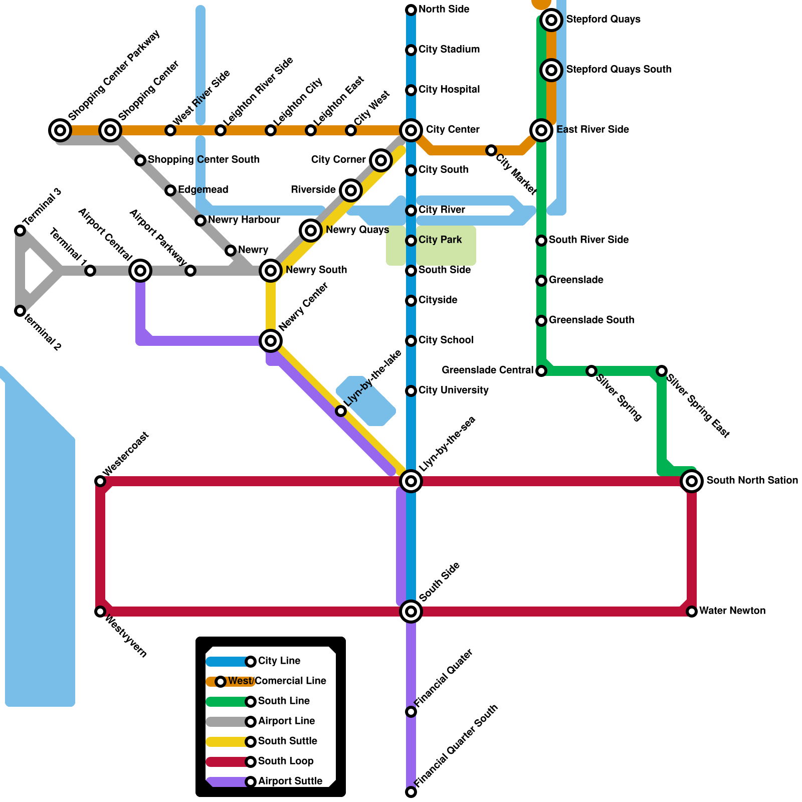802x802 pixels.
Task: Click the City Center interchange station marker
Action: tap(411, 130)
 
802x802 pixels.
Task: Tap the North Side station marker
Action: tap(411, 10)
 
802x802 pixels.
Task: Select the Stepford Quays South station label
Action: tap(619, 70)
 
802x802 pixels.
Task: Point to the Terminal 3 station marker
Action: tap(20, 231)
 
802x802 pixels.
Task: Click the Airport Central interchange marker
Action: tap(140, 271)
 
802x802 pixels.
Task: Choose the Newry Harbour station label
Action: tap(244, 220)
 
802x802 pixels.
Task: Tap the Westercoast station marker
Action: tap(100, 481)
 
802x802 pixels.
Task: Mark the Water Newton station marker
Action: tap(692, 612)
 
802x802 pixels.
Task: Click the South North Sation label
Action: tap(752, 481)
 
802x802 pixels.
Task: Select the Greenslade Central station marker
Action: tap(541, 371)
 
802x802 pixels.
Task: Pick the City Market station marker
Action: tap(491, 150)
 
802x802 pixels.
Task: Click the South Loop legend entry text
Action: tap(286, 761)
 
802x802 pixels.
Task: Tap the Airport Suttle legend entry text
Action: tap(290, 781)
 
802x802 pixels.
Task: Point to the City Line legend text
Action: tap(279, 661)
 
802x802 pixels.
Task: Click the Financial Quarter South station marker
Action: tap(411, 792)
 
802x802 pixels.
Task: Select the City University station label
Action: tap(453, 390)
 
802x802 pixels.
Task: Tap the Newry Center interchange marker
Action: tap(271, 341)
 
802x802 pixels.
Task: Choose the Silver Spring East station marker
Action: tap(662, 371)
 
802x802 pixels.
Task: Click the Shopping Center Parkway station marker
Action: tap(60, 130)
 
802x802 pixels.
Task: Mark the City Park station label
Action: tap(440, 240)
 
